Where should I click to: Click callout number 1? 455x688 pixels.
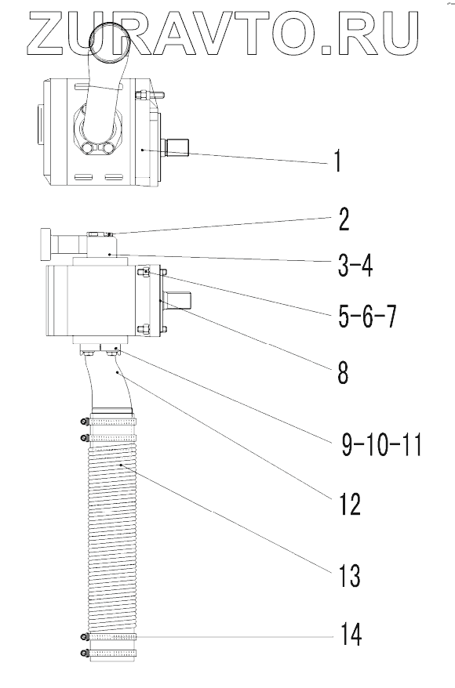(337, 161)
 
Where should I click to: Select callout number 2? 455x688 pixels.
(344, 219)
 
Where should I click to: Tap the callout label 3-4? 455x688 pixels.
(355, 265)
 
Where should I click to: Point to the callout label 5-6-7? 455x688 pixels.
(367, 317)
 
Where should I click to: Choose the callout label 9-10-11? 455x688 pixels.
(381, 445)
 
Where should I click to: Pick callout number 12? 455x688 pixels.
(349, 504)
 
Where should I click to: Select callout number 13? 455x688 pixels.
(349, 575)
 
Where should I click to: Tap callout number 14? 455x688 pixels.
(351, 635)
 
